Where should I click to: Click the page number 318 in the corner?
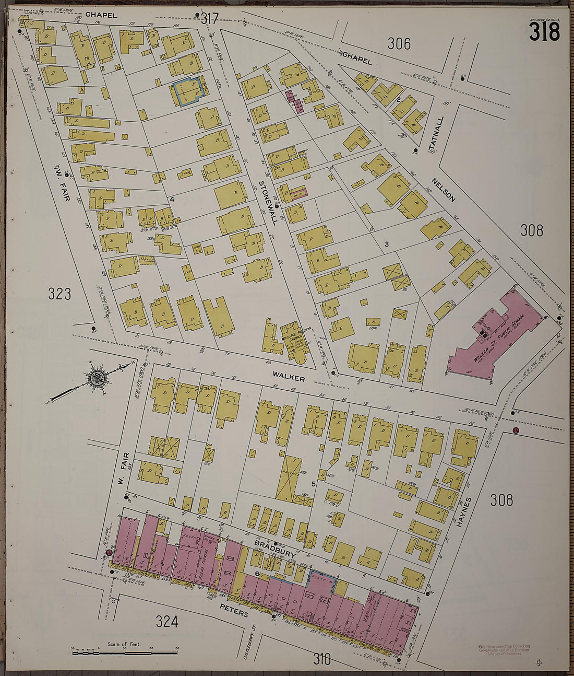(x=544, y=32)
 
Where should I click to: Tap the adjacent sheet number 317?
(x=209, y=19)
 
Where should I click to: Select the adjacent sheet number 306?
(x=399, y=44)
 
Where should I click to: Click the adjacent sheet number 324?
(x=167, y=621)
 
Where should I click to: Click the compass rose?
(x=97, y=378)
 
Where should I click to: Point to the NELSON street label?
(x=444, y=190)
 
